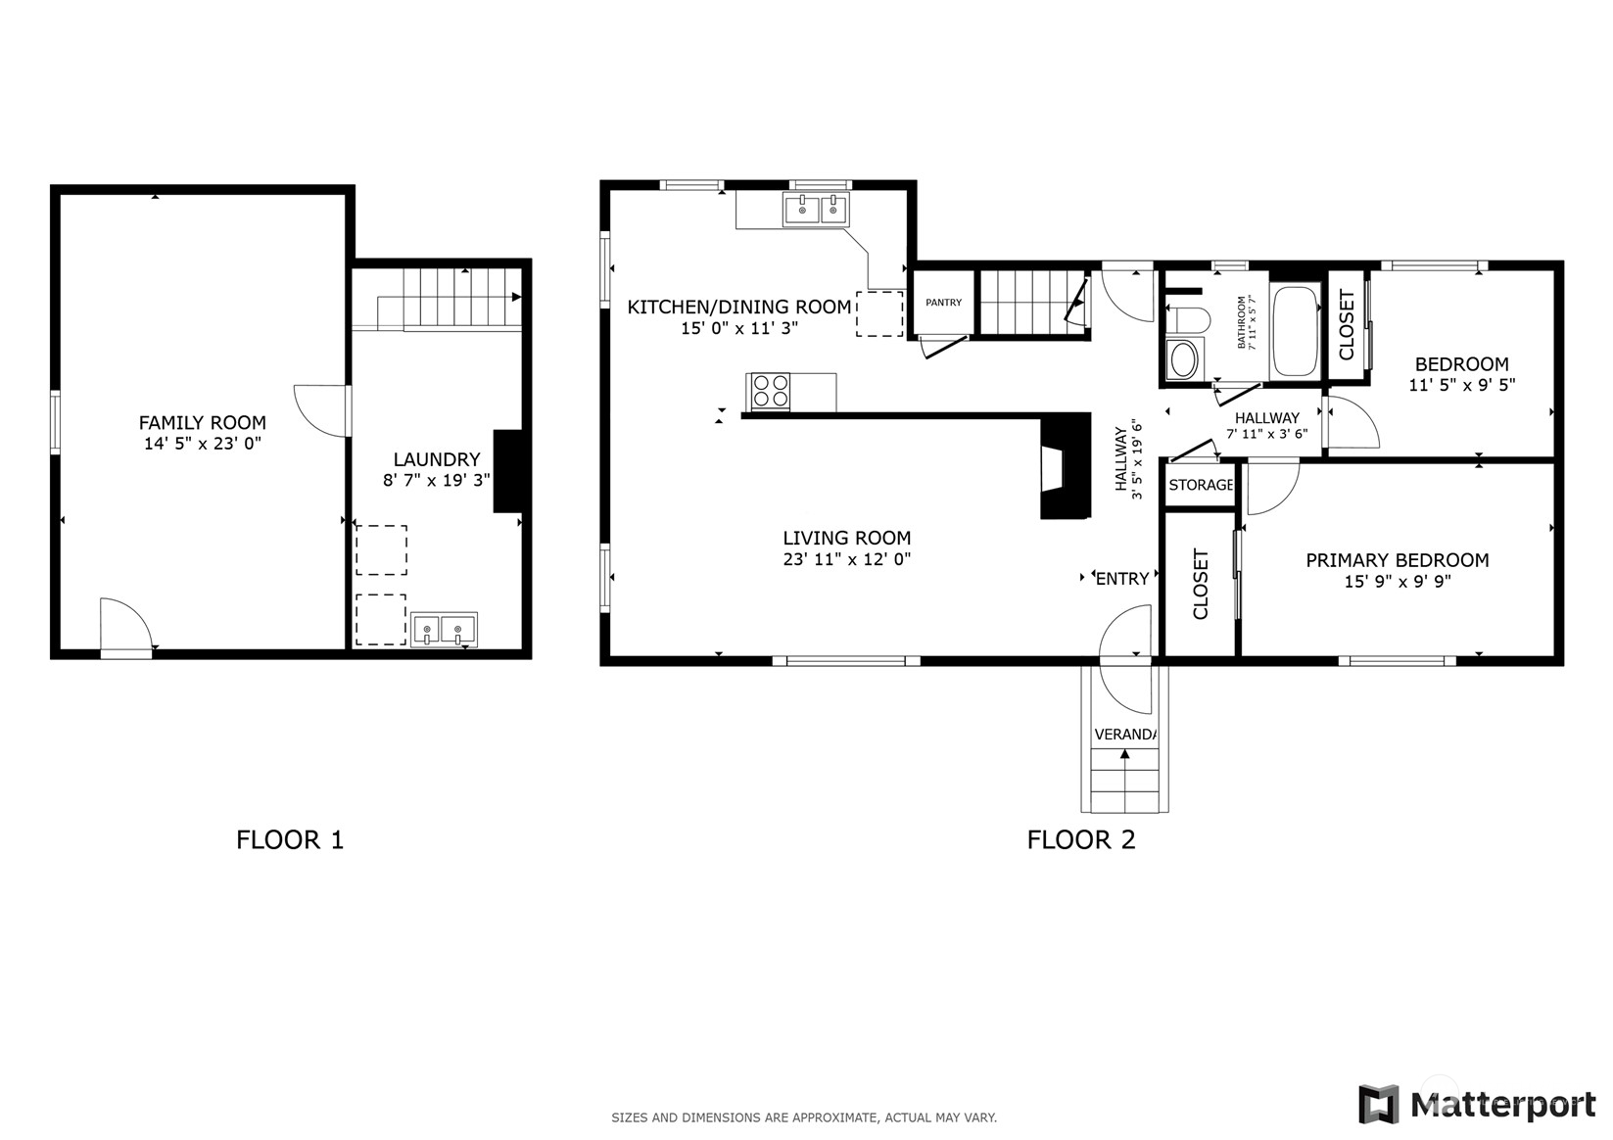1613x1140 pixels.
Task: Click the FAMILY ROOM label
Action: pyautogui.click(x=203, y=423)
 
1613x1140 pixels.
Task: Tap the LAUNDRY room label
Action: pyautogui.click(x=437, y=459)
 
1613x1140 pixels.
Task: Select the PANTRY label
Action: pyautogui.click(x=943, y=303)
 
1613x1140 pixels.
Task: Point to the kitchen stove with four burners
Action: pyautogui.click(x=770, y=392)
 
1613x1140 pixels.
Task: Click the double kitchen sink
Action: pyautogui.click(x=816, y=209)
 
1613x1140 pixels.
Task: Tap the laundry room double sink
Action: pyautogui.click(x=444, y=630)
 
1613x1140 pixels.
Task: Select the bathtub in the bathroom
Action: pyautogui.click(x=1296, y=331)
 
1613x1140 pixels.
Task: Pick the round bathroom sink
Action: pyautogui.click(x=1183, y=359)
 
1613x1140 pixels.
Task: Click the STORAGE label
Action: pyautogui.click(x=1201, y=485)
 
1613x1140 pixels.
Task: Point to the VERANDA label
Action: pyautogui.click(x=1125, y=735)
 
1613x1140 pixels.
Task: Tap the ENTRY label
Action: pyautogui.click(x=1122, y=579)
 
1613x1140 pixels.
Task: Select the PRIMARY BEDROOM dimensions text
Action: pyautogui.click(x=1397, y=581)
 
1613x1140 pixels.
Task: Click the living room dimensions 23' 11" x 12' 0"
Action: pyautogui.click(x=847, y=559)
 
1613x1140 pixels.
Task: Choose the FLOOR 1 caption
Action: pyautogui.click(x=290, y=839)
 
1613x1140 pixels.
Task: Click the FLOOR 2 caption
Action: pyautogui.click(x=1081, y=839)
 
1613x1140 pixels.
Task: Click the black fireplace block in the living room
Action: pyautogui.click(x=1066, y=466)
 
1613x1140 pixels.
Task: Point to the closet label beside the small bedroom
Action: pyautogui.click(x=1347, y=325)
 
